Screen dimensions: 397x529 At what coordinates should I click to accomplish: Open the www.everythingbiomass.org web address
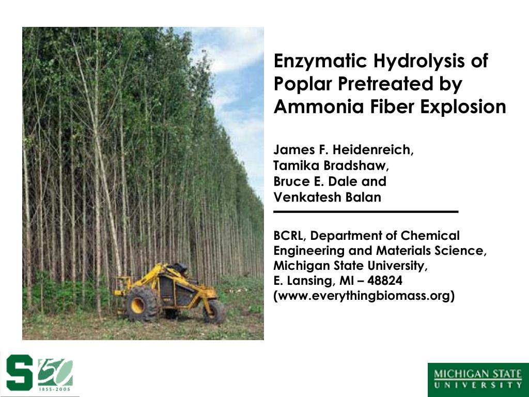point(364,296)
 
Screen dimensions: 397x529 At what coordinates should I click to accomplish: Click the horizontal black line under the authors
point(366,212)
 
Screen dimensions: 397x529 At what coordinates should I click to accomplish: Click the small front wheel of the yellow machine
point(213,312)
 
